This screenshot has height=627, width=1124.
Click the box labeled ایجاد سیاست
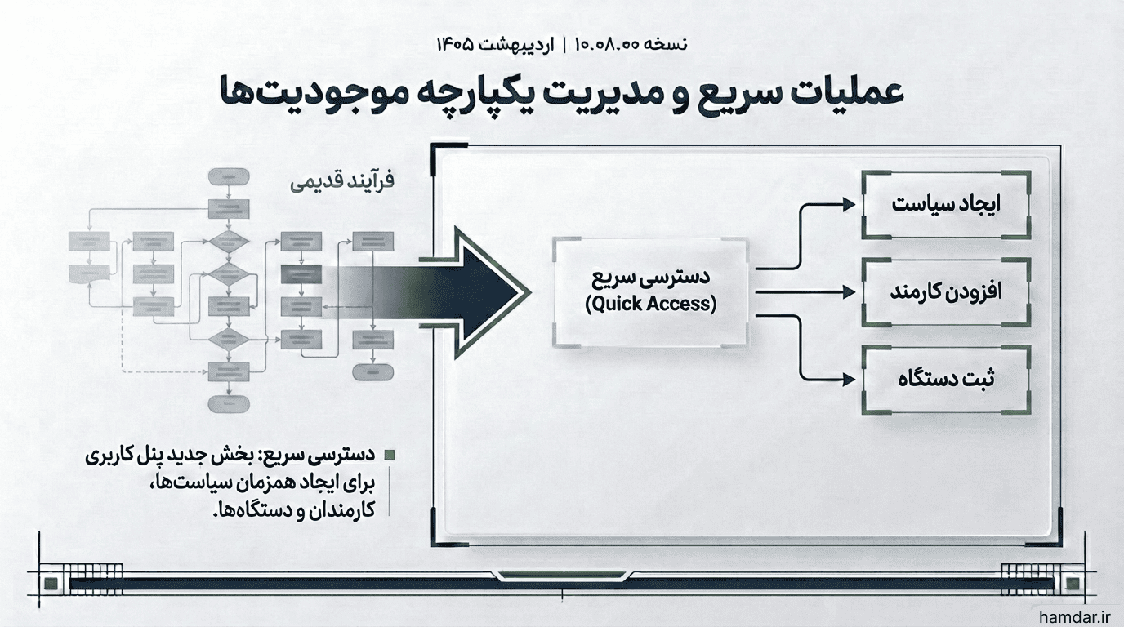[947, 205]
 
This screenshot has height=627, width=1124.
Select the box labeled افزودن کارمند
[947, 292]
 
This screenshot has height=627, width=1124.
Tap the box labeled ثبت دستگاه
[947, 380]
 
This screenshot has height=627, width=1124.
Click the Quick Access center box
[651, 292]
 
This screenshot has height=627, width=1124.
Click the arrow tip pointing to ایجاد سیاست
[854, 204]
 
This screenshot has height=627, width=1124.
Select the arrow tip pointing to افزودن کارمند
[854, 292]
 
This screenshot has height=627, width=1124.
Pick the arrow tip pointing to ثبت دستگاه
[854, 379]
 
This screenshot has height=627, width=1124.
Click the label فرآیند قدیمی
[342, 181]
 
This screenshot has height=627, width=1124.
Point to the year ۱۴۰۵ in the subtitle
[455, 44]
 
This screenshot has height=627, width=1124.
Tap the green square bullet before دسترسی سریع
[390, 456]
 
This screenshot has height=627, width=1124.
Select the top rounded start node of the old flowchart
[229, 177]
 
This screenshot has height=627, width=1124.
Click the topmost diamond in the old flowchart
[229, 242]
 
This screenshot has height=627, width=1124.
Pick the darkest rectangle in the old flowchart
[301, 274]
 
